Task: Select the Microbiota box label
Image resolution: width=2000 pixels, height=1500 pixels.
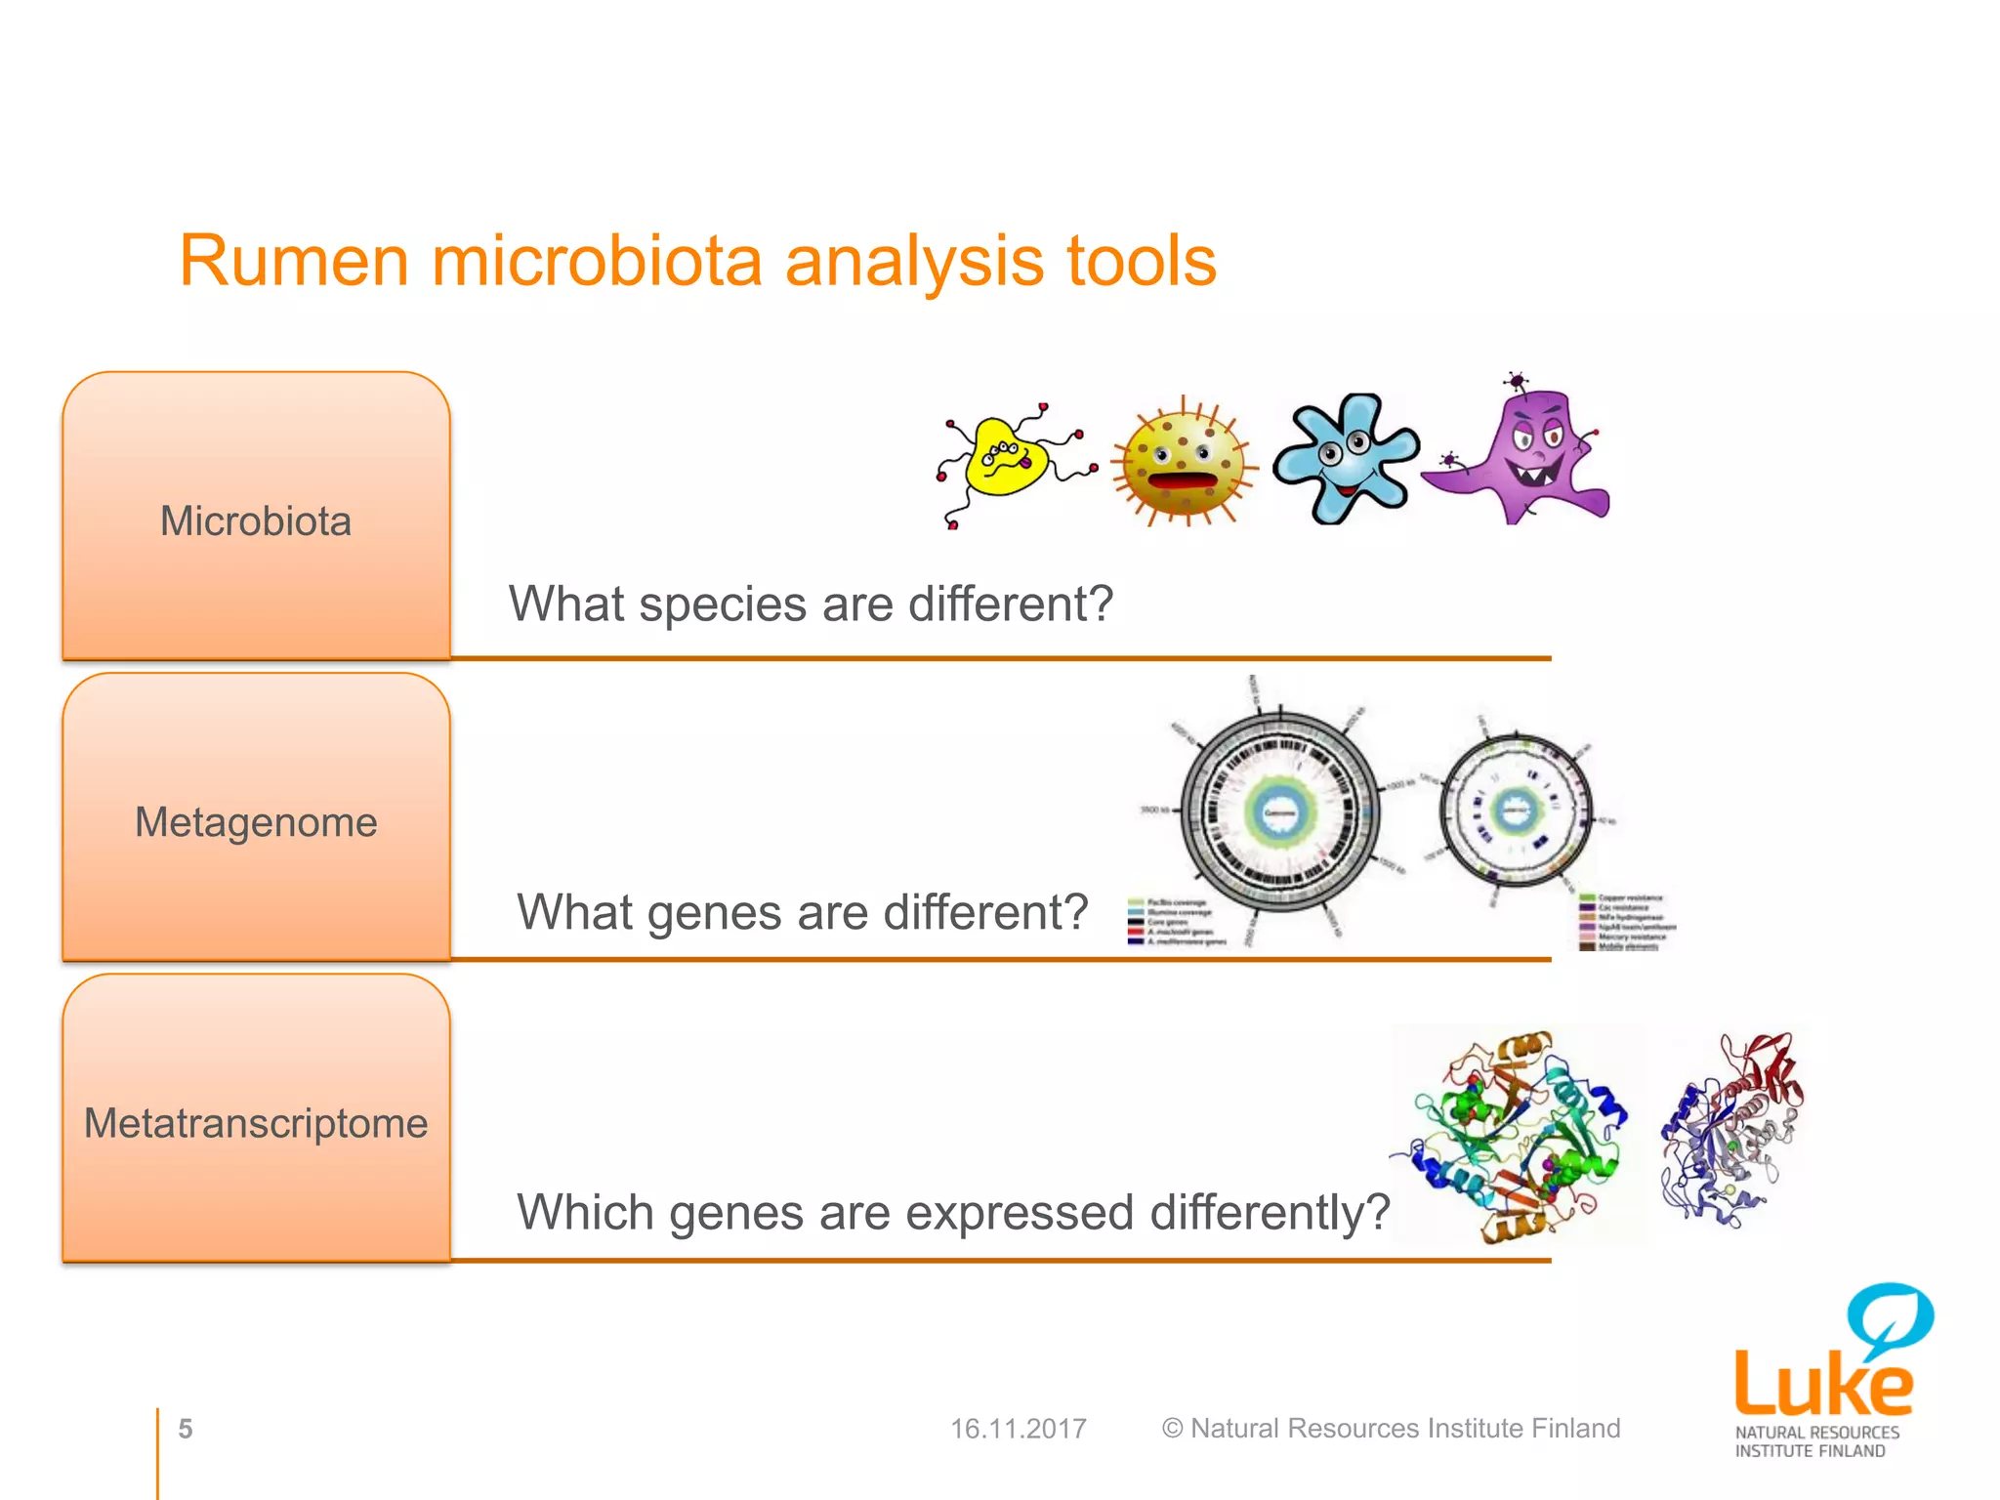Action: pos(256,521)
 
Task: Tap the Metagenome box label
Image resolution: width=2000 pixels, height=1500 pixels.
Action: pos(256,822)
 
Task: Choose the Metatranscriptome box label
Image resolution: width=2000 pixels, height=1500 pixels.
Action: pos(256,1123)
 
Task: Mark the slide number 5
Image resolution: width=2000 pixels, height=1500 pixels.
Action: pos(186,1429)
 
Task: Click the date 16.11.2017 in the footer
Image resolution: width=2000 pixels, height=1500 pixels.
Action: pos(1018,1429)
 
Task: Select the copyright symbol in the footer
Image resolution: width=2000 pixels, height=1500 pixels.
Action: pos(1172,1429)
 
